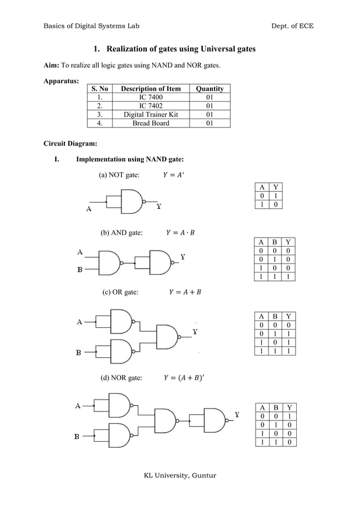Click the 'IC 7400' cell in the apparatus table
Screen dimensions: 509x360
(x=151, y=97)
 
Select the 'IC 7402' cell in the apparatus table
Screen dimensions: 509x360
(x=151, y=106)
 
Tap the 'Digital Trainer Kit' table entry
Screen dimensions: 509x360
(x=151, y=115)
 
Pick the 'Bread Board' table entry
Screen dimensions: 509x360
(x=151, y=123)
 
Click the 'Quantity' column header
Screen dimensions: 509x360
(x=209, y=89)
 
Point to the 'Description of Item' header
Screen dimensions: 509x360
(x=151, y=89)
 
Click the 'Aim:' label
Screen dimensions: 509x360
(x=52, y=65)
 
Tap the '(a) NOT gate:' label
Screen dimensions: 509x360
(x=119, y=175)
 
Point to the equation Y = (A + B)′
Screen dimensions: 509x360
(x=184, y=378)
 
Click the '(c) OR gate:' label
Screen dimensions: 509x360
(x=120, y=292)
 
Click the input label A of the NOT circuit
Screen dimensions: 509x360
(x=89, y=209)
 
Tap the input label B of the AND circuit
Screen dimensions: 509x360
(x=80, y=269)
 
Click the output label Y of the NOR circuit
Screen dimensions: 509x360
(x=238, y=415)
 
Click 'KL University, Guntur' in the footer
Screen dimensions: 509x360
(x=180, y=475)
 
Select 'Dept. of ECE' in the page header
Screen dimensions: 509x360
(x=291, y=26)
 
